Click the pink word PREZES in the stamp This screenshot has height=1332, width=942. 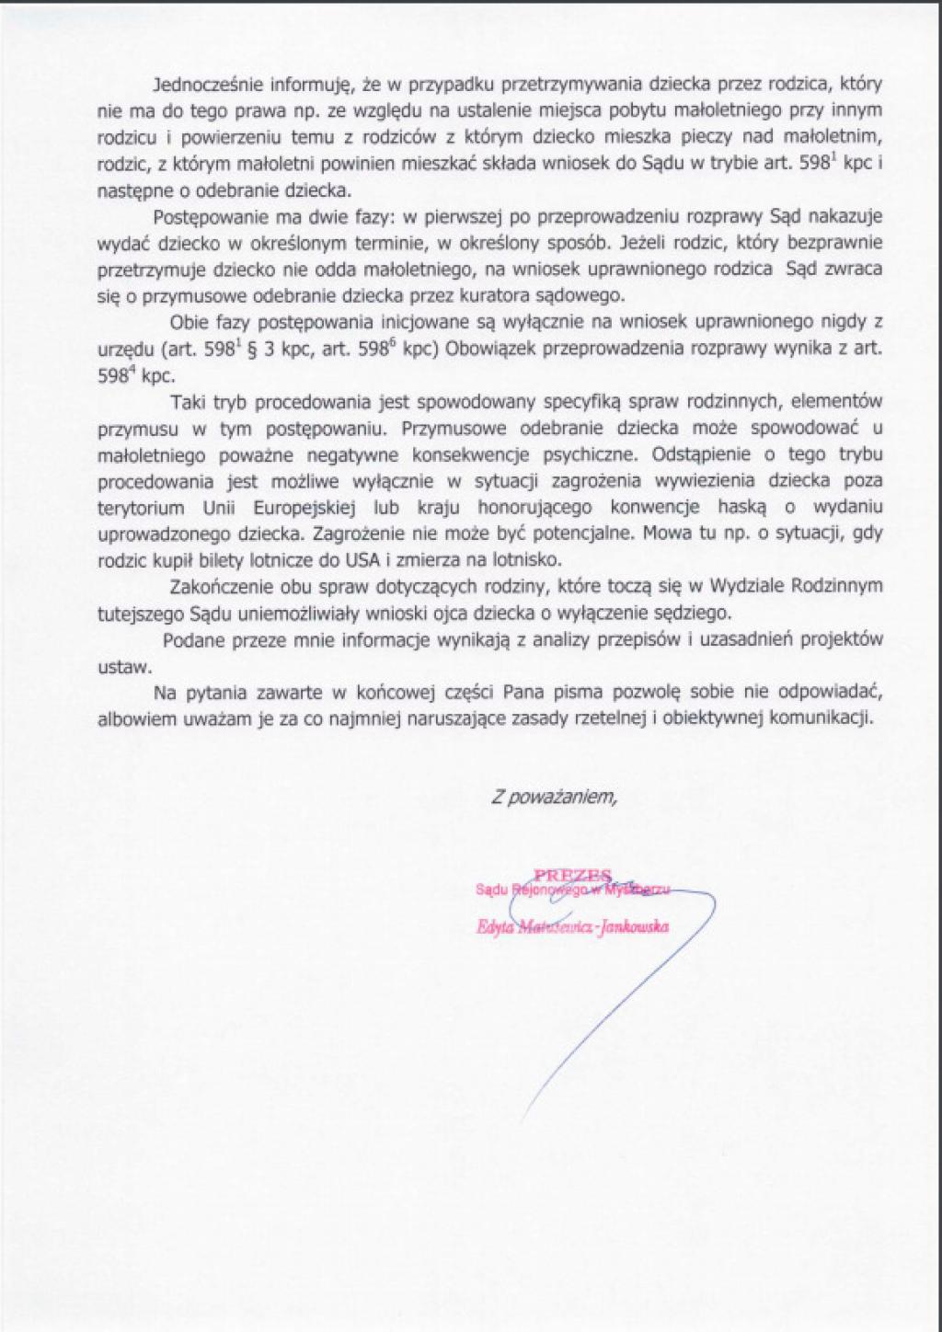pyautogui.click(x=572, y=875)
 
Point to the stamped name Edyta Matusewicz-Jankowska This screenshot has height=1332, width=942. pyautogui.click(x=571, y=927)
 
